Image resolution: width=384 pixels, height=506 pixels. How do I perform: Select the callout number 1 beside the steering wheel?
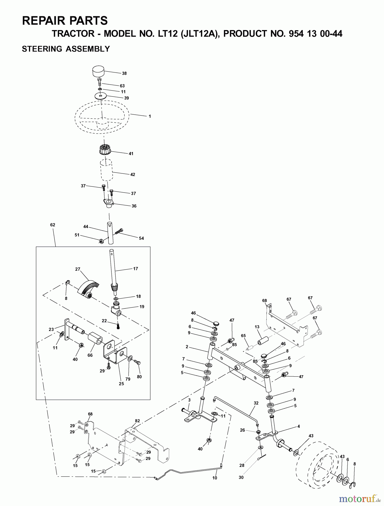(150, 116)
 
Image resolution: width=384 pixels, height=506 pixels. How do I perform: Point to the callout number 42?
(133, 175)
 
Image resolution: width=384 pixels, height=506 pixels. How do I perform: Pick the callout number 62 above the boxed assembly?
(53, 225)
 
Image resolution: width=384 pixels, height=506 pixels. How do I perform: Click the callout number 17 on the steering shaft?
(136, 269)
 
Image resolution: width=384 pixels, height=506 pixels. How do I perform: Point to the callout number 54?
(141, 238)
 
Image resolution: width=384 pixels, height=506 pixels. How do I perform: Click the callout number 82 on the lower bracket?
(137, 421)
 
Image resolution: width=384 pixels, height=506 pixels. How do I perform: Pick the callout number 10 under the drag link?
(215, 478)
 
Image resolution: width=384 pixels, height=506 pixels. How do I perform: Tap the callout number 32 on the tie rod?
(256, 403)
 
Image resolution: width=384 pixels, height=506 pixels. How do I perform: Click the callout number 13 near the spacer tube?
(257, 327)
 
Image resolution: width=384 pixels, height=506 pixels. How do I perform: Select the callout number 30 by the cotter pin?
(241, 477)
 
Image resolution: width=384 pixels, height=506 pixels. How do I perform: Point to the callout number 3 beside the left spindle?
(189, 400)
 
